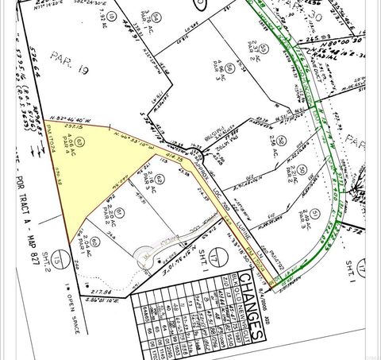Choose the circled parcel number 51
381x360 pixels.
point(316,213)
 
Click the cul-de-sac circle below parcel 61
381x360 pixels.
point(144,254)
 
